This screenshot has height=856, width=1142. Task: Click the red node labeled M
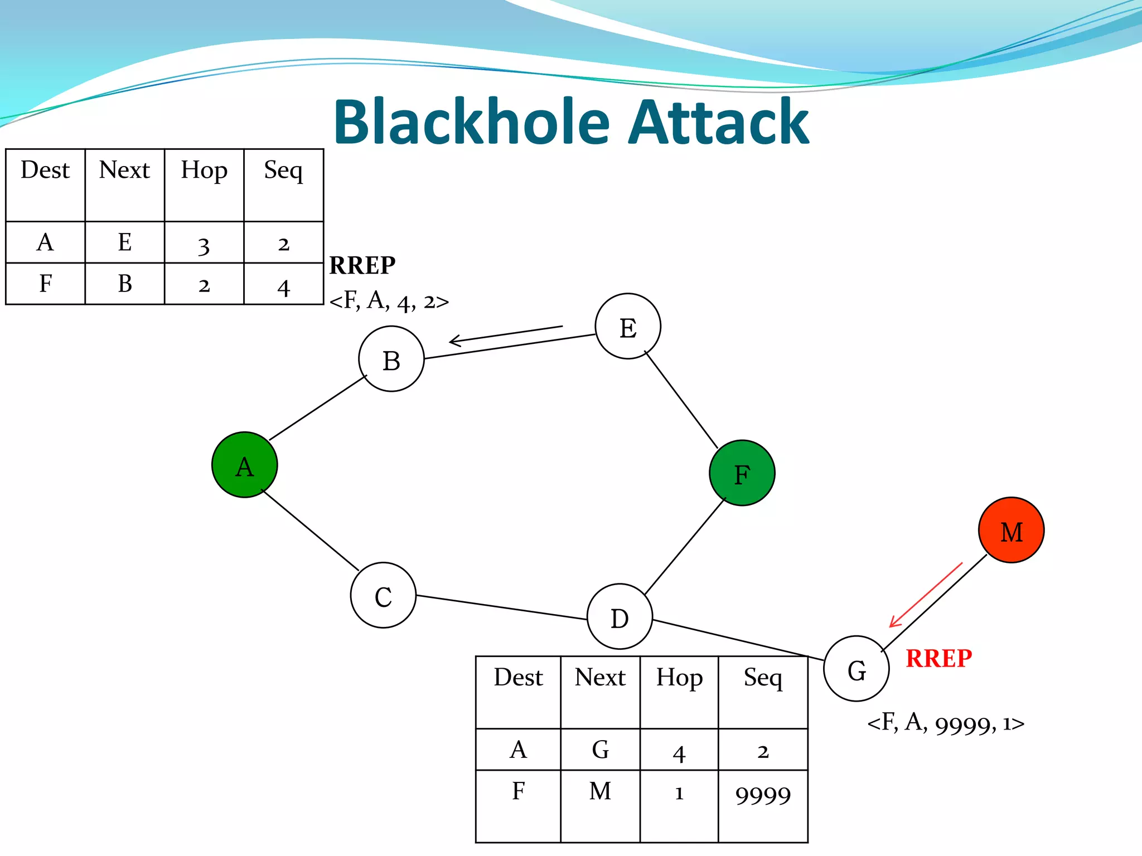tap(1011, 530)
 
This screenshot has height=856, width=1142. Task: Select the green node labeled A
tap(245, 465)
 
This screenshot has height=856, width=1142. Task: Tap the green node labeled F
tap(742, 473)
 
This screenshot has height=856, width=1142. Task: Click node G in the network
tap(856, 669)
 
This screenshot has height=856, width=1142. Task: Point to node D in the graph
tap(620, 617)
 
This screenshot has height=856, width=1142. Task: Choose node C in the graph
tap(383, 595)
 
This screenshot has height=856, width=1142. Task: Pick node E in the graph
tap(628, 327)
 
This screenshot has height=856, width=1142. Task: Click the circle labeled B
tap(391, 359)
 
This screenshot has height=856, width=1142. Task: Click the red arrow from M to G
tap(926, 595)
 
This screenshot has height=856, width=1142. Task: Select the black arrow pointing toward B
tap(505, 334)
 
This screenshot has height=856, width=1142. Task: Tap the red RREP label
tap(938, 659)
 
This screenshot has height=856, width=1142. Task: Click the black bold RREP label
tap(362, 265)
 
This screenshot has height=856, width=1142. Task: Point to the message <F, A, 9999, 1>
tap(946, 723)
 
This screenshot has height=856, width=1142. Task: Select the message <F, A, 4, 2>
tap(389, 301)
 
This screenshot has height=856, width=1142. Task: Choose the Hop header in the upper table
tap(204, 170)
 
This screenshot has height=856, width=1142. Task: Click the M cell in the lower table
tap(600, 791)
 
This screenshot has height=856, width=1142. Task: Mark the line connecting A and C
tap(310, 530)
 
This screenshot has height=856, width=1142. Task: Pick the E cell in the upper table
tap(125, 242)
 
